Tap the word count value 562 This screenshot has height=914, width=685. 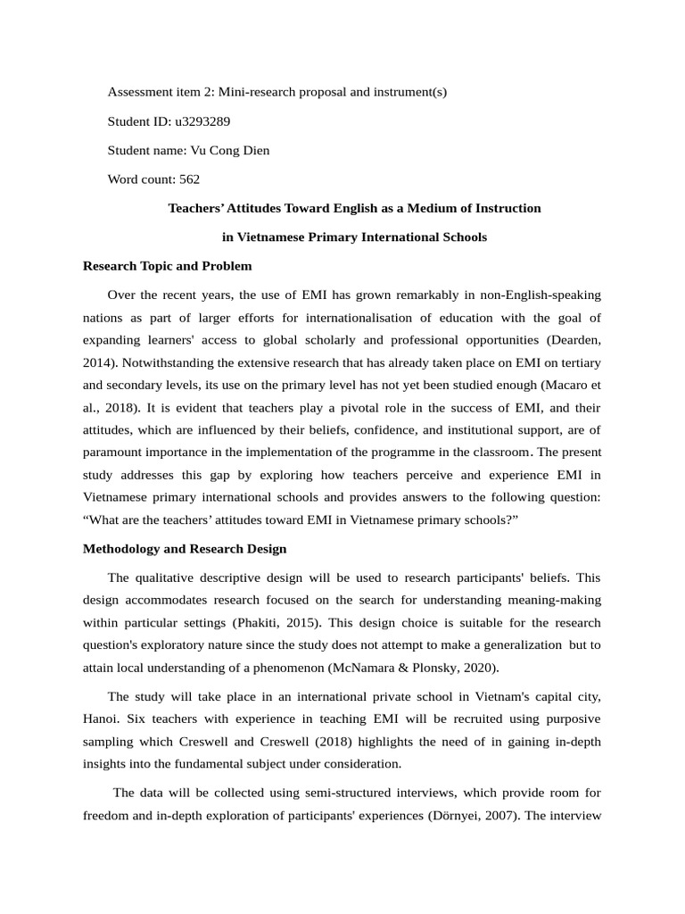(x=189, y=179)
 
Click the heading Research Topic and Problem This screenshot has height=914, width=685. (x=167, y=266)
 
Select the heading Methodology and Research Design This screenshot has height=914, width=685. (x=185, y=548)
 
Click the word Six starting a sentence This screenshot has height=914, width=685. (x=145, y=719)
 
